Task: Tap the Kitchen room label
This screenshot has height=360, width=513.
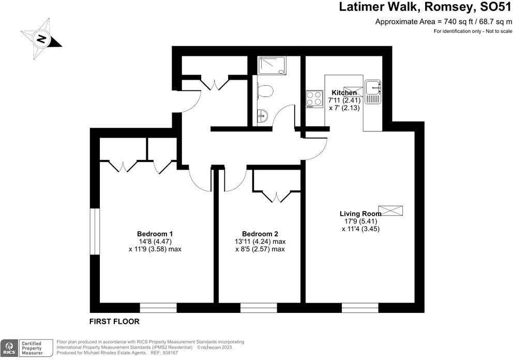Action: [x=344, y=93]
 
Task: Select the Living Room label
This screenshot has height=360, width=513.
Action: [x=360, y=213]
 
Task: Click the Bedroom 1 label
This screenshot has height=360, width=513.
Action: [x=155, y=233]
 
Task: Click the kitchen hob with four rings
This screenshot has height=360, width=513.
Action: [x=314, y=98]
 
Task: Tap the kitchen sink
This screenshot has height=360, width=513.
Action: [x=372, y=91]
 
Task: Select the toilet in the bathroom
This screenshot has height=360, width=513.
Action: [x=265, y=92]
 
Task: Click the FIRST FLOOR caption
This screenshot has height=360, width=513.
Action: [x=114, y=321]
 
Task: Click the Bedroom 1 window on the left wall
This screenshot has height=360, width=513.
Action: [x=94, y=231]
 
